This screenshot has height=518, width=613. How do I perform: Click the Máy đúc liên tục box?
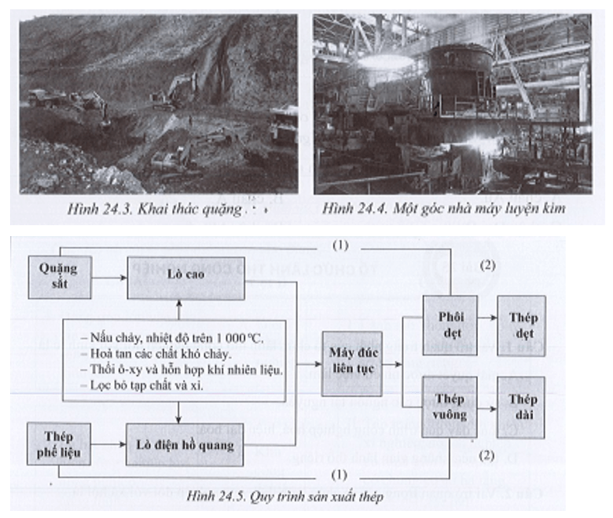353,363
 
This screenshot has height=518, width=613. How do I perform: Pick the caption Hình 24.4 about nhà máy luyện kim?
455,210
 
